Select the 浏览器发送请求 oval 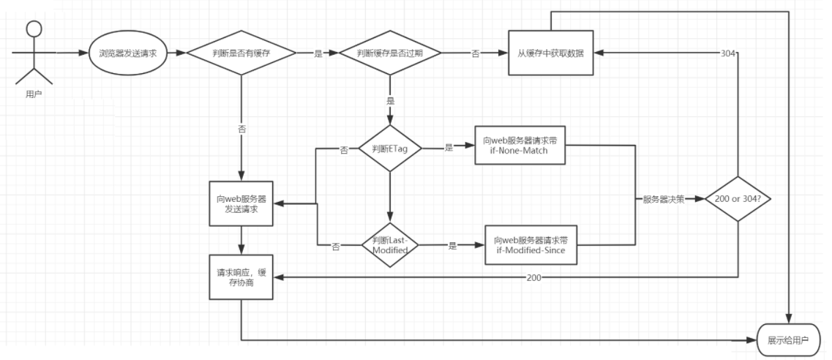coord(127,53)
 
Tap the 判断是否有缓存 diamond coord(241,53)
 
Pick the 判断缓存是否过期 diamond coord(389,53)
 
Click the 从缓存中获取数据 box coord(552,53)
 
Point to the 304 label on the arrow coord(728,53)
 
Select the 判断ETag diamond coord(389,148)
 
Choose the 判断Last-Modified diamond coord(389,245)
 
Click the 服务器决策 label coord(664,198)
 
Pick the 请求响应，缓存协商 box coord(241,277)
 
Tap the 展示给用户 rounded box coord(789,341)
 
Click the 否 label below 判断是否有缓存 coord(241,129)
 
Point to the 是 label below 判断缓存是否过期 coord(389,100)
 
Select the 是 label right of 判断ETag coord(449,148)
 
